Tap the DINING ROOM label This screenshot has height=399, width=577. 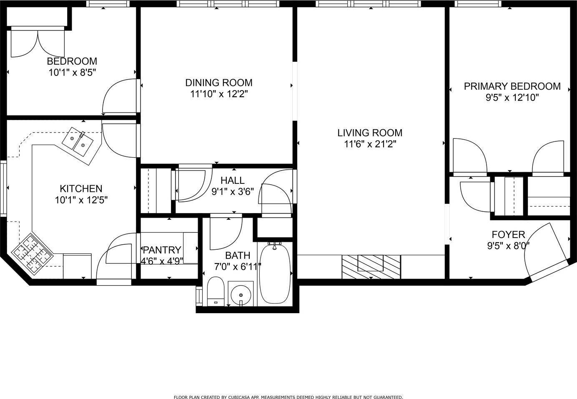coord(219,83)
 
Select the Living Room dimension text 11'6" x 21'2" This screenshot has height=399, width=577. coord(370,144)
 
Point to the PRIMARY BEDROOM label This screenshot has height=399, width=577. coord(512,86)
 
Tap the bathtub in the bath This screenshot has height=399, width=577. coord(275,274)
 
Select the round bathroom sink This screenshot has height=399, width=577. coord(241,294)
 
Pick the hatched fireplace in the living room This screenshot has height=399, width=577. coord(371,267)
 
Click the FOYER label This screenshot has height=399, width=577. coord(508,234)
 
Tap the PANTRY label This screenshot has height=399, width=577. coord(162,250)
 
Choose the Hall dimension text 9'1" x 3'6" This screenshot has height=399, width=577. coord(233,192)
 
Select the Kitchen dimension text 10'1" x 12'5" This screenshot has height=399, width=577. coord(81,200)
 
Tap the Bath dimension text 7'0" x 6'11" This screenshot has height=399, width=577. coord(238,267)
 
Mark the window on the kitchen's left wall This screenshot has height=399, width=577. coord(3,188)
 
